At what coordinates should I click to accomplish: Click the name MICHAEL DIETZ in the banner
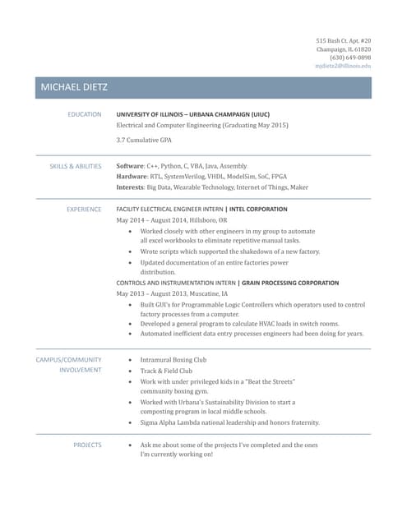tap(73, 87)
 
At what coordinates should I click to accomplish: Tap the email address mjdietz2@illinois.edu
tap(344, 66)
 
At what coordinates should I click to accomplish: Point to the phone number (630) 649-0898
tap(350, 58)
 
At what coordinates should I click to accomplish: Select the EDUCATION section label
tap(85, 114)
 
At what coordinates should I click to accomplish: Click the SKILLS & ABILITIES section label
tap(76, 166)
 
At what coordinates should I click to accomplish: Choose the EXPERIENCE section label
tap(84, 210)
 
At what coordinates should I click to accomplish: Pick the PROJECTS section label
tap(87, 445)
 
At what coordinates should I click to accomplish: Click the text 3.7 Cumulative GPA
tap(144, 141)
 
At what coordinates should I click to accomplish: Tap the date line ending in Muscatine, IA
tap(173, 293)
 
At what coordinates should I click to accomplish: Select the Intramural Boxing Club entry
tap(173, 360)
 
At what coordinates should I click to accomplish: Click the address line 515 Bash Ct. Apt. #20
tap(344, 41)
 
